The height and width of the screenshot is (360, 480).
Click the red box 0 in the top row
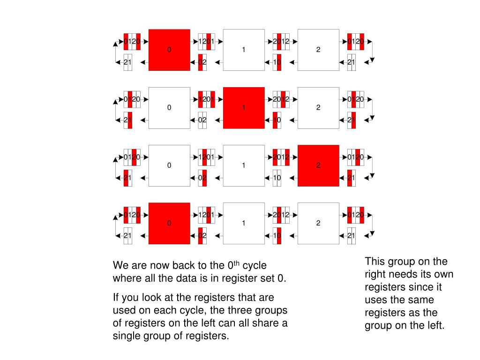coord(169,50)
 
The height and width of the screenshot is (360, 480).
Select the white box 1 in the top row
coord(244,50)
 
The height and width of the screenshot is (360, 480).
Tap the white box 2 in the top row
coord(318,50)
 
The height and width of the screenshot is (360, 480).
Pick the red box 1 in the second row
coord(244,108)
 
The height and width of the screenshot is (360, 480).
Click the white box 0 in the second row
coord(169,108)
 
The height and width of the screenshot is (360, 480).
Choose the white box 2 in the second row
coord(318,108)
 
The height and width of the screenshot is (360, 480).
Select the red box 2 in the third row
coord(318,165)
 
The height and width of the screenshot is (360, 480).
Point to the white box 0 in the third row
coord(169,165)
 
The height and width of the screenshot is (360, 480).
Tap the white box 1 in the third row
coord(244,165)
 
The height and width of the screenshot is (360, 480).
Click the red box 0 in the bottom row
coord(169,224)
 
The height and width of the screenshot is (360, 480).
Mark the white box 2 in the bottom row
coord(318,224)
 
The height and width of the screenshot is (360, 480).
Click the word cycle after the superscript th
coord(254,266)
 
